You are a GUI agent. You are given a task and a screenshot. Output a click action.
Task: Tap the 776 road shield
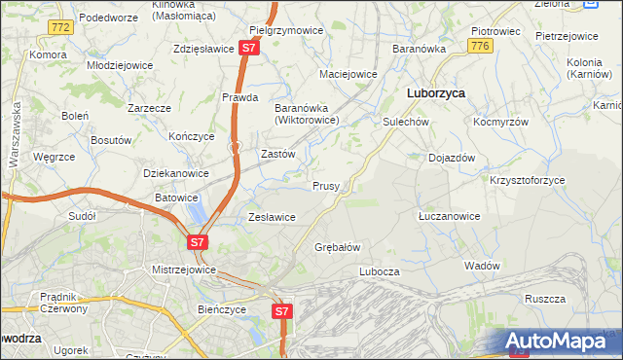point(478,46)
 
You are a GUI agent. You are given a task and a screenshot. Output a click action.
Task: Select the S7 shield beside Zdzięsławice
point(250,47)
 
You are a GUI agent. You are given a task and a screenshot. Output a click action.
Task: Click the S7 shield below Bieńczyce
point(281,311)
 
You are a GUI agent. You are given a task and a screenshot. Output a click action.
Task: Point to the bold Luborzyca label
point(434,93)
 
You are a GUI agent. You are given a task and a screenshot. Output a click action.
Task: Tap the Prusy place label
point(325,186)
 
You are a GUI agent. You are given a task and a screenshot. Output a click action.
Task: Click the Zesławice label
point(272,217)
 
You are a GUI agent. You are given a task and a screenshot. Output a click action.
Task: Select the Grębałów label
point(338,247)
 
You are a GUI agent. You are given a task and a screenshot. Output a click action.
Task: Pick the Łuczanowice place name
point(449,216)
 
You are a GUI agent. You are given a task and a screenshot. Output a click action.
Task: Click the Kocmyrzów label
point(500,123)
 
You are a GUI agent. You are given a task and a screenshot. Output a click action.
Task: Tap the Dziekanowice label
point(176,173)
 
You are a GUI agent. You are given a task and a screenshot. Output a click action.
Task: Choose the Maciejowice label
point(348,74)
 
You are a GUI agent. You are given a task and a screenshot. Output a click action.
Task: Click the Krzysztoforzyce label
point(527,180)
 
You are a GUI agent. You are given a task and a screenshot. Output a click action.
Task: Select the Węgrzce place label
point(54,157)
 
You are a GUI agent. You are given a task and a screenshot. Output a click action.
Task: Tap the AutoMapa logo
point(563,342)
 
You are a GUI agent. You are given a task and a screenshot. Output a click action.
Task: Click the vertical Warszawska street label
point(17,137)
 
